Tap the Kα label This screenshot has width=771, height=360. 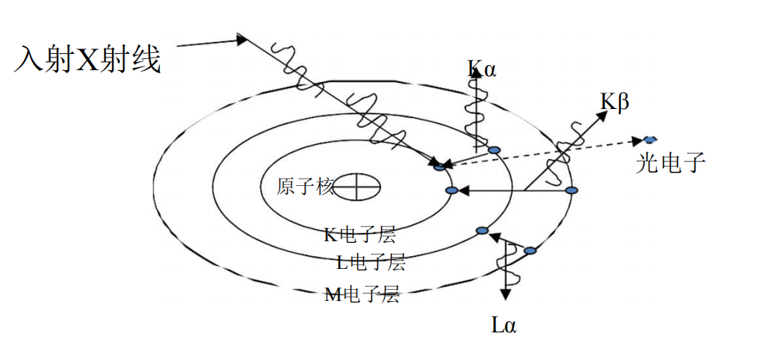482,70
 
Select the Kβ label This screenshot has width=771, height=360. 615,102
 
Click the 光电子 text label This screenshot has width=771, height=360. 670,162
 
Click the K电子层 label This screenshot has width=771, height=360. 359,235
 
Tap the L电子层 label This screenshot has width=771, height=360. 371,262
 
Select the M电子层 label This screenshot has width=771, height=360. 361,295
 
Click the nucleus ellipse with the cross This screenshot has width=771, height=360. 356,186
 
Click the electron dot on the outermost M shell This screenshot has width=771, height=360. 572,191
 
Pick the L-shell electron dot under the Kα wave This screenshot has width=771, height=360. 493,150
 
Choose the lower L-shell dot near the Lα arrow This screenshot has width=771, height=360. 483,229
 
